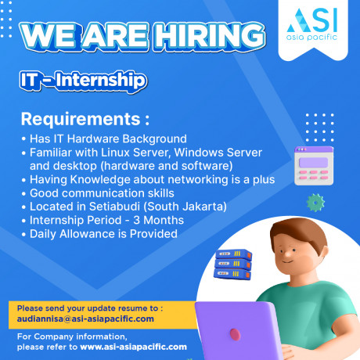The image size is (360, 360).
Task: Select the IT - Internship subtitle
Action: click(x=82, y=80)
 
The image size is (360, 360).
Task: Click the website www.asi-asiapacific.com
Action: click(x=133, y=346)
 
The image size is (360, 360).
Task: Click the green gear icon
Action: click(x=315, y=203)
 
